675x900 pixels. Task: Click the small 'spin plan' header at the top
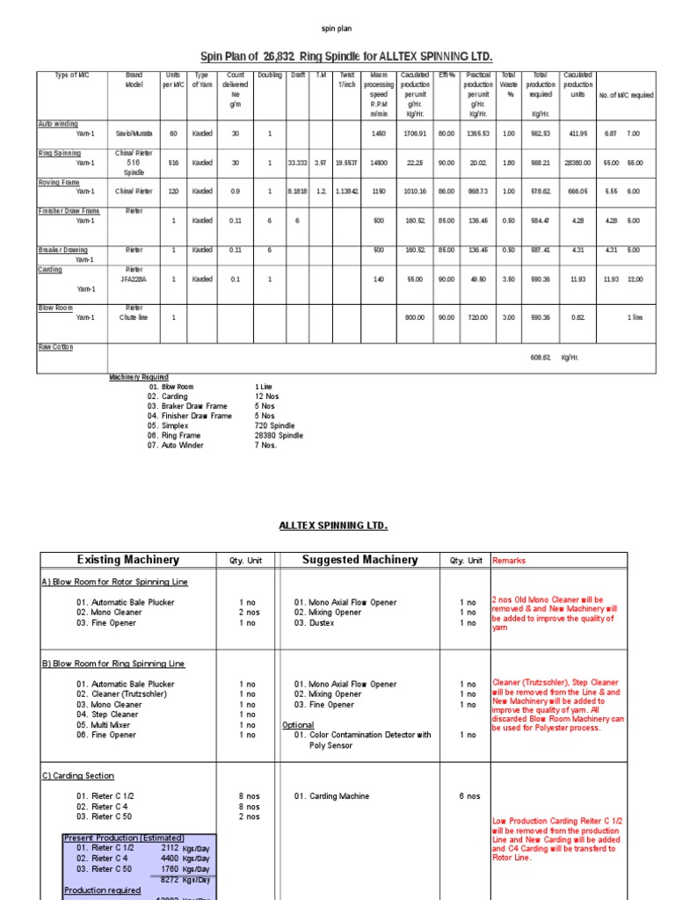point(337,28)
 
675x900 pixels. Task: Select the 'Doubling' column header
point(270,76)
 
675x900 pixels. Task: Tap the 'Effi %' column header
point(446,76)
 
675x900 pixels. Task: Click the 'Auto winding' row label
point(58,124)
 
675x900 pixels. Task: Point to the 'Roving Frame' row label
point(60,182)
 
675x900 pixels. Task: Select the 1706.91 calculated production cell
point(413,134)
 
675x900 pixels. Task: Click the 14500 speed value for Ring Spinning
point(378,163)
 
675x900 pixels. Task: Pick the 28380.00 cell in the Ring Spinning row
point(577,163)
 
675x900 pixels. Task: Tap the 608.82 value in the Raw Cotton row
point(541,358)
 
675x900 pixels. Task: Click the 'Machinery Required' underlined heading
point(138,377)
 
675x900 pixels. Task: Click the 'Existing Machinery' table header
point(127,560)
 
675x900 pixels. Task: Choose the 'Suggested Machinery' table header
point(359,560)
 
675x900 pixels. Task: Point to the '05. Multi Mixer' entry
point(108,725)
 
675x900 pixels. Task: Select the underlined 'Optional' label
point(298,725)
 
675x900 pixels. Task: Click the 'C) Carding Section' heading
point(78,776)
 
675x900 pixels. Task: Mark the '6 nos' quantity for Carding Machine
point(469,796)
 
